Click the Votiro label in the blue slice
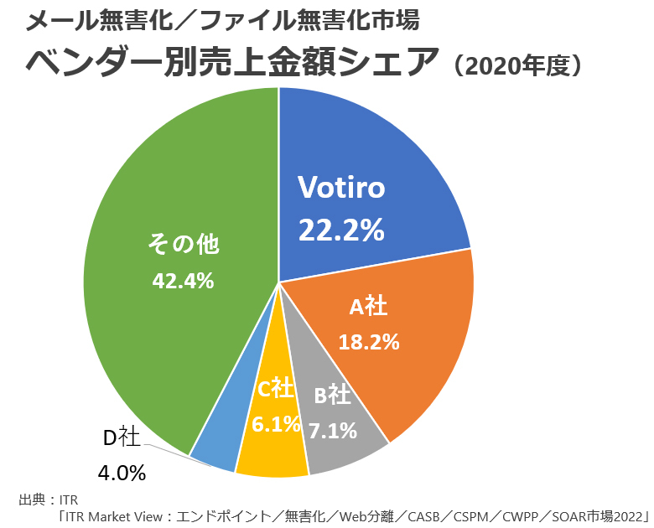pyautogui.click(x=341, y=188)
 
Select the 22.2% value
pyautogui.click(x=341, y=229)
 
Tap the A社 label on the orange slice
pyautogui.click(x=368, y=307)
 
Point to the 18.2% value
pyautogui.click(x=368, y=342)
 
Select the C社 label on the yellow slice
pyautogui.click(x=275, y=388)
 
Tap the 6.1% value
pyautogui.click(x=276, y=425)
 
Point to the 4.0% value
pyautogui.click(x=122, y=474)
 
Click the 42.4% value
pyautogui.click(x=183, y=281)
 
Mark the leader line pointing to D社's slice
pyautogui.click(x=168, y=448)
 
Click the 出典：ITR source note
pyautogui.click(x=47, y=500)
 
